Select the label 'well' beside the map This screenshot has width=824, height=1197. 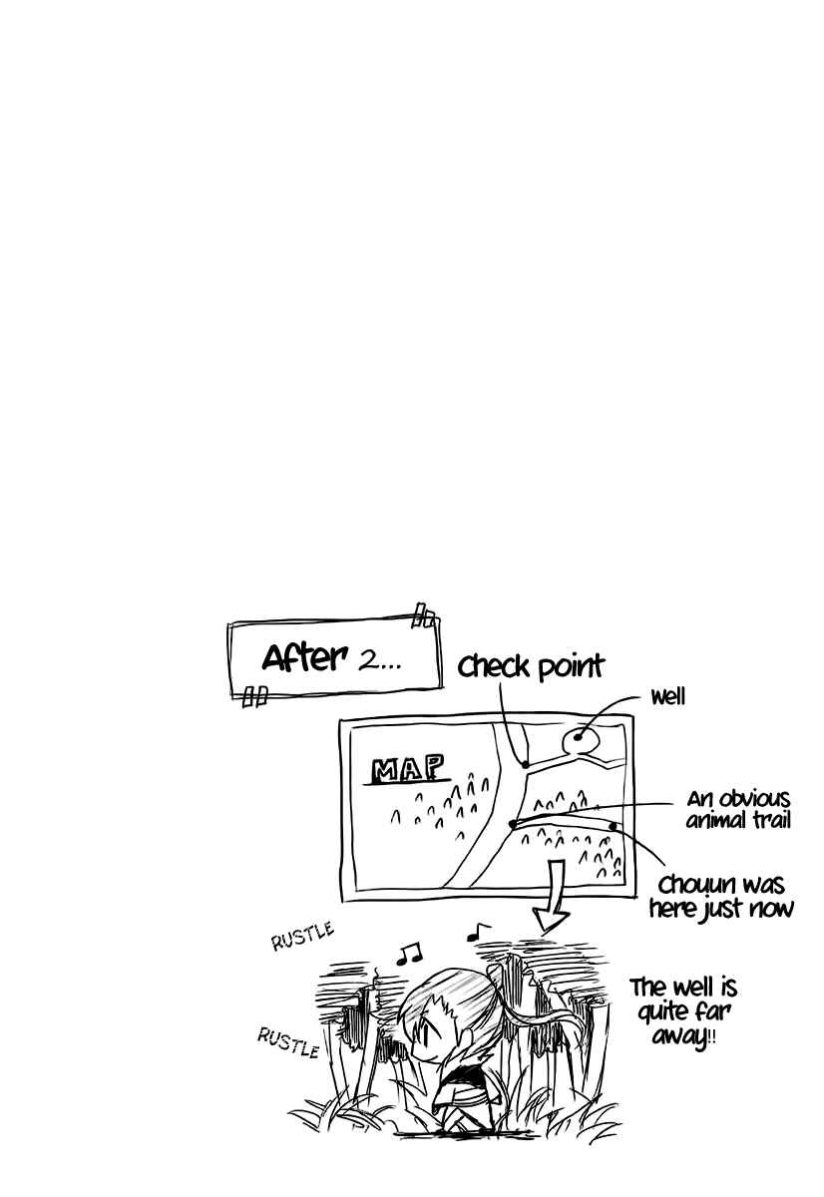tap(667, 697)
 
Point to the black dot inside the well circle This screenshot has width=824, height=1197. tap(578, 737)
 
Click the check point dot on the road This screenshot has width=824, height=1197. tap(525, 765)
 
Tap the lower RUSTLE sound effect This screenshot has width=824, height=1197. tap(288, 1042)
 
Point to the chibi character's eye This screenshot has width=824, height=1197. tap(422, 1040)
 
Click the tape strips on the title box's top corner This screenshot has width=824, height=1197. tap(425, 615)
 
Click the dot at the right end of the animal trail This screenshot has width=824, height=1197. tap(613, 826)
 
